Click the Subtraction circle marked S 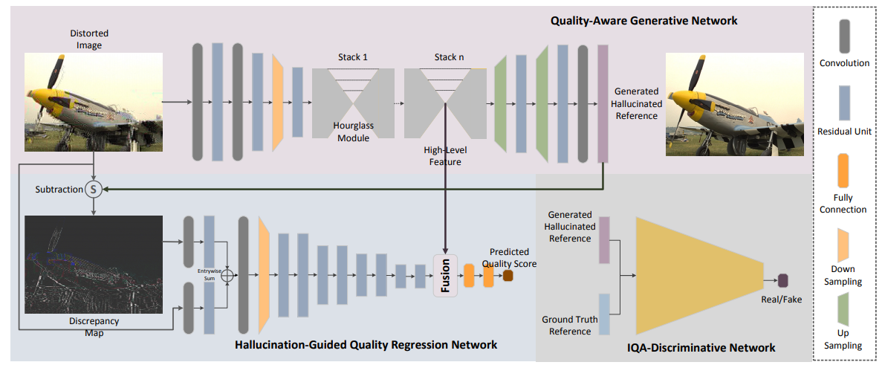tap(94, 190)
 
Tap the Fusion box tap(446, 275)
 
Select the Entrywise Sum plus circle tap(229, 277)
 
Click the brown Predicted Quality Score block tap(508, 276)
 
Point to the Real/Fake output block tap(782, 280)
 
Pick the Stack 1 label tap(353, 57)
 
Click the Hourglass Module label tap(353, 132)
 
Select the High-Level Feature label tap(444, 155)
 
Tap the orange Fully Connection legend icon tap(844, 171)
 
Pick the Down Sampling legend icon tap(844, 241)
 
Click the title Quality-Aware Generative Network tap(644, 21)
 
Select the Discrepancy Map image tap(94, 265)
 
